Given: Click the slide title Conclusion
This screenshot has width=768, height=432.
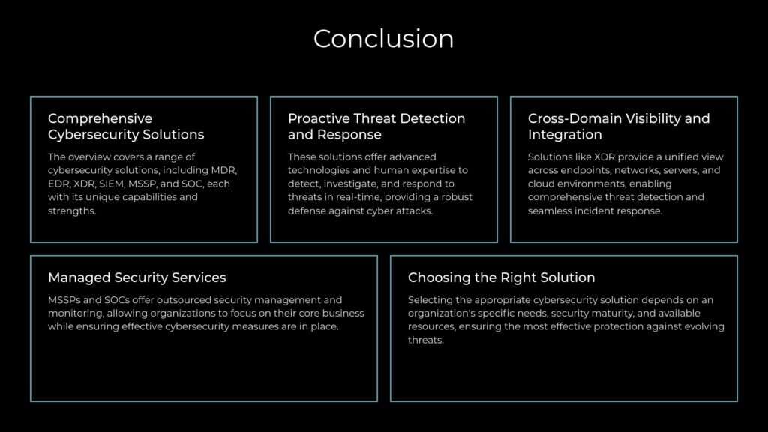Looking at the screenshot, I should point(383,38).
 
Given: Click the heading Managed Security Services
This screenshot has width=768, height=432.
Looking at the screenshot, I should point(136,277).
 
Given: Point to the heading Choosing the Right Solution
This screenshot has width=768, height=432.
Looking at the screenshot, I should point(501,277).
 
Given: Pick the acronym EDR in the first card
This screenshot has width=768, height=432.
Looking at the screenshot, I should point(59,184).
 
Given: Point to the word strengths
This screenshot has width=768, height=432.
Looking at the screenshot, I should point(72,211).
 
